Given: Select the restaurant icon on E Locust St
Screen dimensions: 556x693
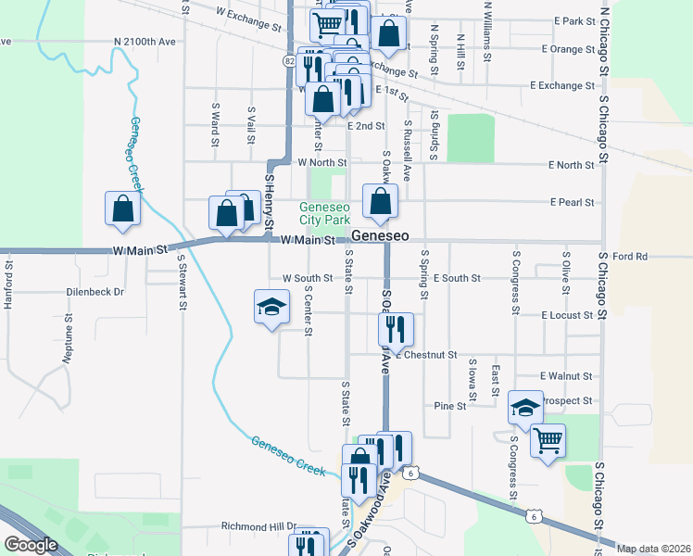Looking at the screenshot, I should pos(397,328).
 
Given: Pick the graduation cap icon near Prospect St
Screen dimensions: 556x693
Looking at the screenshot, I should pos(525,408).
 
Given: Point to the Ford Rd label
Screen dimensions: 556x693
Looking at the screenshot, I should pos(628,256).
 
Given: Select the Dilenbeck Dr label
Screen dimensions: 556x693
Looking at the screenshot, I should pos(95,291).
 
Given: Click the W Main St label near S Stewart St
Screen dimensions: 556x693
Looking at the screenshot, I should pos(139,250).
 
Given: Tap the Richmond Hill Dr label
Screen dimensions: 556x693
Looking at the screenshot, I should pos(258,526).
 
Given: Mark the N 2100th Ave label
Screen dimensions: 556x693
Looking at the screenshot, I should pos(145,42).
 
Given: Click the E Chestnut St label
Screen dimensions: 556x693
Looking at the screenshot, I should pos(426,355).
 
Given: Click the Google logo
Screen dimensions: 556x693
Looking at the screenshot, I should pos(31,545).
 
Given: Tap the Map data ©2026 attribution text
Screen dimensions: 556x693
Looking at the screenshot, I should pos(653,549).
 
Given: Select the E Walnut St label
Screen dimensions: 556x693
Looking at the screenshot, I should pos(565,376).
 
